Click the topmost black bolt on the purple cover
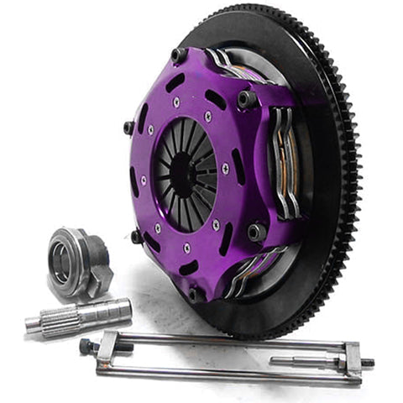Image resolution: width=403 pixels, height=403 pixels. [x=179, y=55]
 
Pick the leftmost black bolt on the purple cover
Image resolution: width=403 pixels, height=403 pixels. [x=128, y=128]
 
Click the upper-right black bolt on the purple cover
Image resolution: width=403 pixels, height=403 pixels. [x=247, y=98]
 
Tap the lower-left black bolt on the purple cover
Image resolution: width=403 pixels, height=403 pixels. [x=136, y=236]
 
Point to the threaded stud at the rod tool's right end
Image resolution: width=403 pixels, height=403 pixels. [x=368, y=363]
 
